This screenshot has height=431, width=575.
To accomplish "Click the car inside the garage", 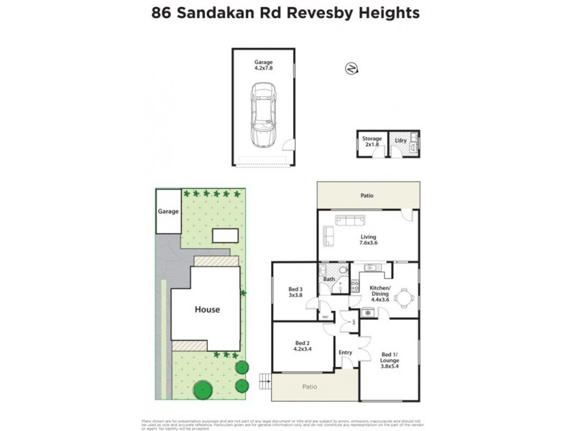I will point(262,113).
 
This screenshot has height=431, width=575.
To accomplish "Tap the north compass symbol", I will point(351,68).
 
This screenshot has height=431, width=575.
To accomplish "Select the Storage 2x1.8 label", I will point(372,142).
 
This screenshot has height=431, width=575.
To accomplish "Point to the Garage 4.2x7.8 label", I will point(263,66).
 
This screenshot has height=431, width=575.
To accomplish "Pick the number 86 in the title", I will point(162,13).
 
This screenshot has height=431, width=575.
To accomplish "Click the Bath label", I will point(329,279).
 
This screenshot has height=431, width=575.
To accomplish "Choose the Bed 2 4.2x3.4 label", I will point(302,346).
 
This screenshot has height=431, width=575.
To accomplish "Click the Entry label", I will point(346,353).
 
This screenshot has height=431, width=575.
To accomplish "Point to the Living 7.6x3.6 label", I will point(369,241).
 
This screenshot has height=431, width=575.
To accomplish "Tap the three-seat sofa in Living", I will point(349,221).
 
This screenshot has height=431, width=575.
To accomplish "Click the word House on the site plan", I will point(206,310).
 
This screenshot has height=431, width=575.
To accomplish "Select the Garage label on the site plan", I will point(167,212).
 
